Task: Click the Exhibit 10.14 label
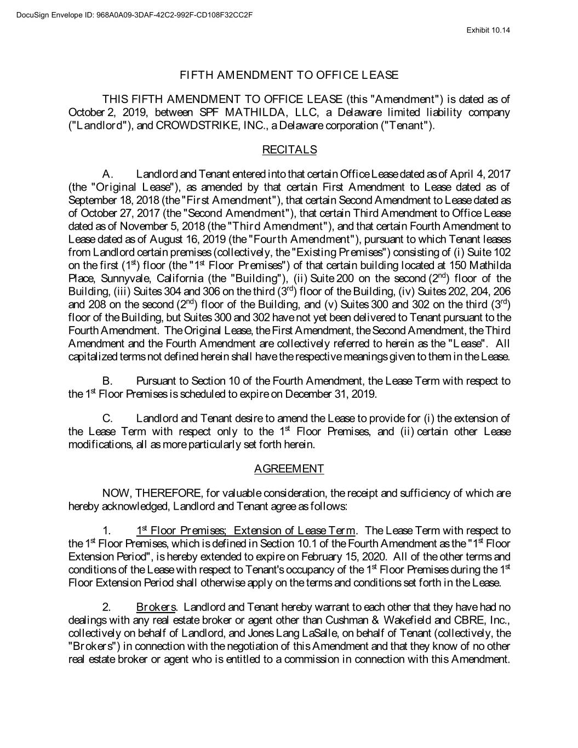[488, 30]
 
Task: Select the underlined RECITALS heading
[289, 150]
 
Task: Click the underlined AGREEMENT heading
[289, 469]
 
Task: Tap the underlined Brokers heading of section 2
[156, 607]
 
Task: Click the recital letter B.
[107, 381]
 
